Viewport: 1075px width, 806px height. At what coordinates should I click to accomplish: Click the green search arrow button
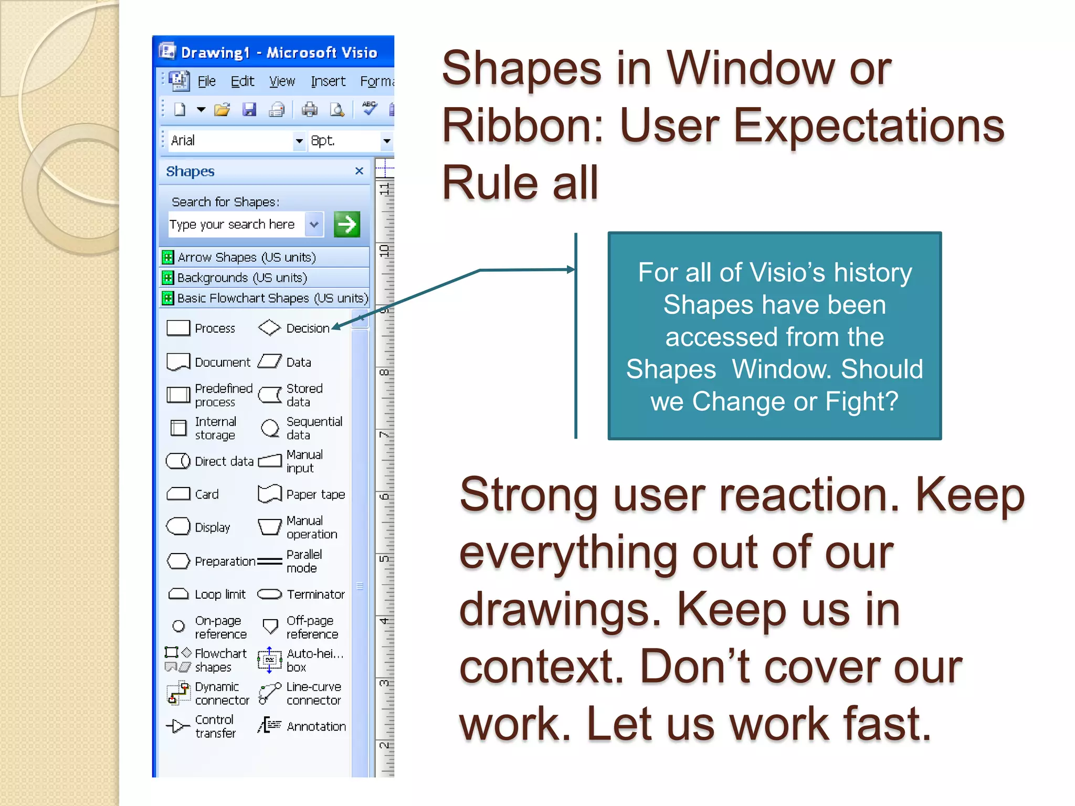(346, 225)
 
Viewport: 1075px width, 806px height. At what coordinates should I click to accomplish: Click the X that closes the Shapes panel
(359, 171)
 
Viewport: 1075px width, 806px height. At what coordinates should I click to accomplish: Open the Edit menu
(242, 81)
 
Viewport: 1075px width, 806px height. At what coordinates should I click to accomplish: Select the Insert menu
(328, 81)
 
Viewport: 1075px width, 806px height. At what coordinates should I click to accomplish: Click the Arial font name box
(231, 141)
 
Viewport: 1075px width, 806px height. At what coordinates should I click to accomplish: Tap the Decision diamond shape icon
(269, 328)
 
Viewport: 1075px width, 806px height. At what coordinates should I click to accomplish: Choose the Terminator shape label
(315, 595)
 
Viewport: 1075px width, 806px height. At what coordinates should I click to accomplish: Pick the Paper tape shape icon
(270, 494)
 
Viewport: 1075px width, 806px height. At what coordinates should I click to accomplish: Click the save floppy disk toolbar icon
(249, 110)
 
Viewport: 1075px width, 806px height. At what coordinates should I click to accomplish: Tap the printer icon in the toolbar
(309, 110)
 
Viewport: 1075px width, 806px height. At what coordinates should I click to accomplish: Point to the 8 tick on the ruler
(384, 373)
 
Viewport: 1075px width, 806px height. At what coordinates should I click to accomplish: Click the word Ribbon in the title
(522, 126)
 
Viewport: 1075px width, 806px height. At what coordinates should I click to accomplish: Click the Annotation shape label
(316, 727)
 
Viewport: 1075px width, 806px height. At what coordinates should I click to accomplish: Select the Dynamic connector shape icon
(177, 693)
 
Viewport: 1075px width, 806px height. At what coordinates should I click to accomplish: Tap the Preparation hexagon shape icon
(178, 561)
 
